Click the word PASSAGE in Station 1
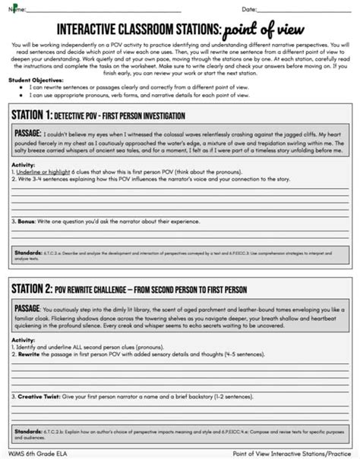click(x=31, y=134)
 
